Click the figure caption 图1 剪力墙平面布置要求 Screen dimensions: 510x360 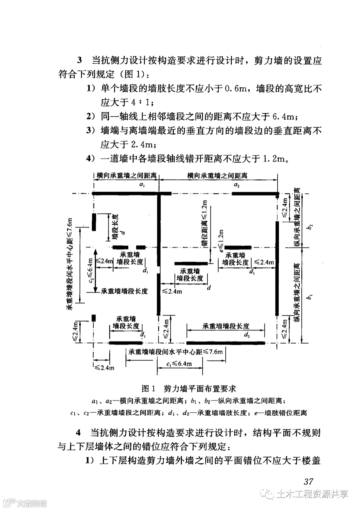pos(189,389)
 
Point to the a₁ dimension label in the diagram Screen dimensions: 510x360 pos(142,184)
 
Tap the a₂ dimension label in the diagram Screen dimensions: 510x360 pos(236,184)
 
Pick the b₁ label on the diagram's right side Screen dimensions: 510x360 pos(310,296)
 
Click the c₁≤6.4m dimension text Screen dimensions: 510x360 pos(179,364)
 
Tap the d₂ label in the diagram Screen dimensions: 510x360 pos(247,335)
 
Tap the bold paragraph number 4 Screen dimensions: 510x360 pos(79,433)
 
